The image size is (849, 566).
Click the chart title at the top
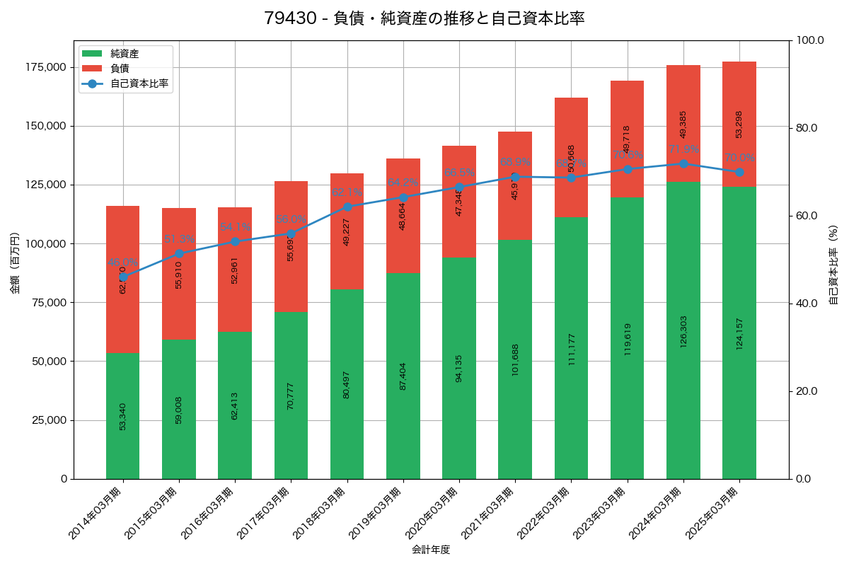pyautogui.click(x=424, y=18)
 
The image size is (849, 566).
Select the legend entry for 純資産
pyautogui.click(x=124, y=54)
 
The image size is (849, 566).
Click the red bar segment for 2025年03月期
pyautogui.click(x=739, y=124)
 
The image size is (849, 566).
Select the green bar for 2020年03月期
pyautogui.click(x=459, y=368)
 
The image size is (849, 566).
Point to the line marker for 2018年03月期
pyautogui.click(x=347, y=207)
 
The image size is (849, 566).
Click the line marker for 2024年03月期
pyautogui.click(x=683, y=163)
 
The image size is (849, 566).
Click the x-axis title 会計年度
pyautogui.click(x=431, y=549)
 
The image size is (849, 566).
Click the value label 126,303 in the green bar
pyautogui.click(x=683, y=331)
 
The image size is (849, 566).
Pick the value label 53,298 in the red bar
pyautogui.click(x=739, y=124)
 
